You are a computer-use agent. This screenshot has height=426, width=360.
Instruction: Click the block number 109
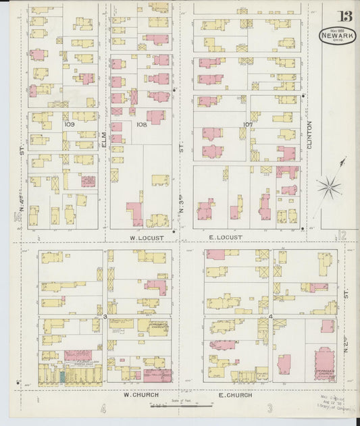68,124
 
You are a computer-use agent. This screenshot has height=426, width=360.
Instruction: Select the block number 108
141,124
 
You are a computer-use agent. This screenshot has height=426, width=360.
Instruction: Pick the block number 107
248,124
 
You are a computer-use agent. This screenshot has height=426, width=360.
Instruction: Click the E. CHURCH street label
235,395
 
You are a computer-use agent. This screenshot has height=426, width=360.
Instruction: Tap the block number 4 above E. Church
270,316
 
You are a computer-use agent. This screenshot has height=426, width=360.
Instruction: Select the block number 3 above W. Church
105,316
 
